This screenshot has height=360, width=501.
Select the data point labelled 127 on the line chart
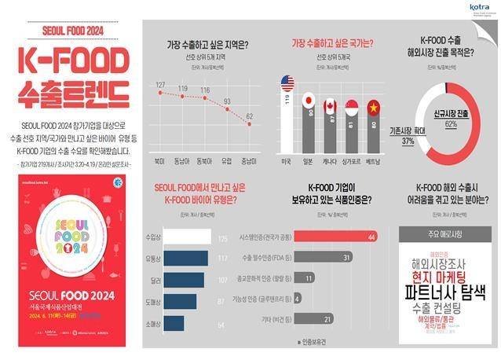160,93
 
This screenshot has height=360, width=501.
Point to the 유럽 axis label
228,160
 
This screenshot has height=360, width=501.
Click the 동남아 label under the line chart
182,160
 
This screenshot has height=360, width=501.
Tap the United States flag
287,83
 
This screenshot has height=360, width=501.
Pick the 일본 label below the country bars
308,160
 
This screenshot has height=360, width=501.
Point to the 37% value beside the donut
407,141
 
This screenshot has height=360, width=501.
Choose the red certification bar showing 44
330,236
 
